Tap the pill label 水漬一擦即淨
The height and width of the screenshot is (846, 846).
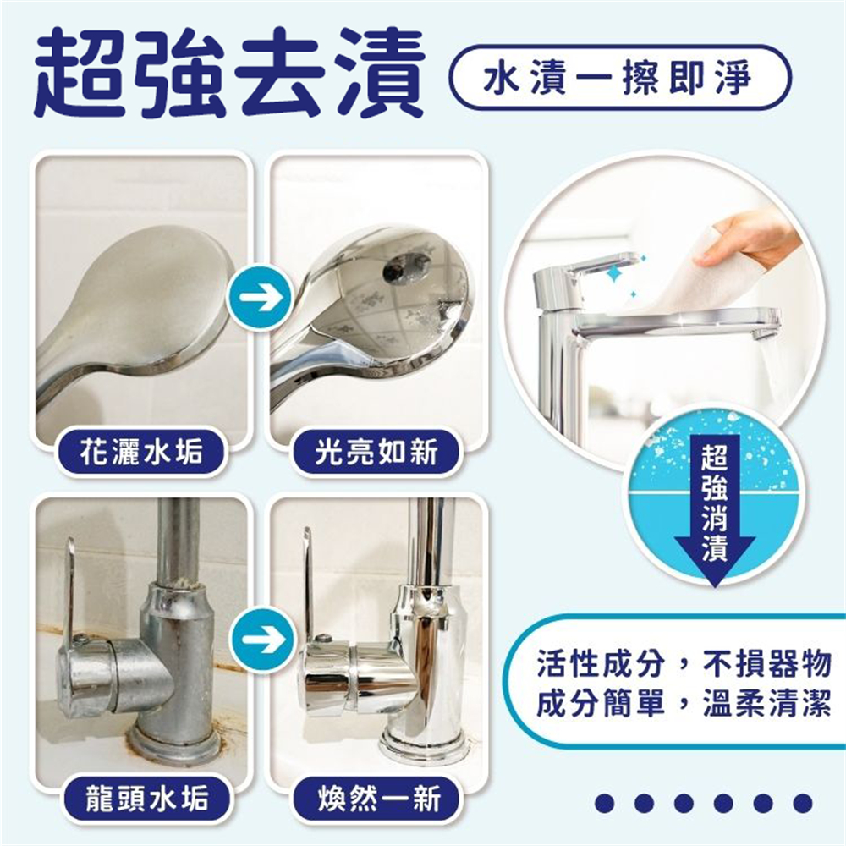click(619, 78)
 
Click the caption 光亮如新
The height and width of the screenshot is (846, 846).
click(376, 452)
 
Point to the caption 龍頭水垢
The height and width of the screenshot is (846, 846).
click(146, 798)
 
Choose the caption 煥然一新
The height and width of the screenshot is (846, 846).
click(379, 798)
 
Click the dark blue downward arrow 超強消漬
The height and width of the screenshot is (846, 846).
click(714, 510)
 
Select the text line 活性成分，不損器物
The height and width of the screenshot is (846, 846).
click(683, 663)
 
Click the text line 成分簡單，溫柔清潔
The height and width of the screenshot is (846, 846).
click(683, 703)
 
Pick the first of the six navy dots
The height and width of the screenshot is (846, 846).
click(604, 803)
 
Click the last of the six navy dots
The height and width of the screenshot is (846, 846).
click(803, 803)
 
